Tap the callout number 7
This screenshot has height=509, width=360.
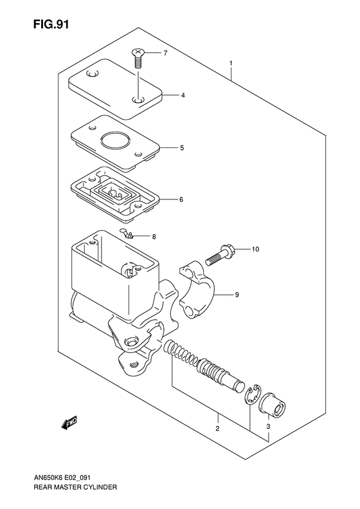[165, 53]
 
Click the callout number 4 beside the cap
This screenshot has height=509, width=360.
[183, 95]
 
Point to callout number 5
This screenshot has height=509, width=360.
[182, 148]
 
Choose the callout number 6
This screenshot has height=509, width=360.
[181, 199]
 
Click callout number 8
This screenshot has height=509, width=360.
[154, 237]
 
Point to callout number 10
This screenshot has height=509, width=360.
[255, 249]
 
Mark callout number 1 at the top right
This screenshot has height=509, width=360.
[230, 64]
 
